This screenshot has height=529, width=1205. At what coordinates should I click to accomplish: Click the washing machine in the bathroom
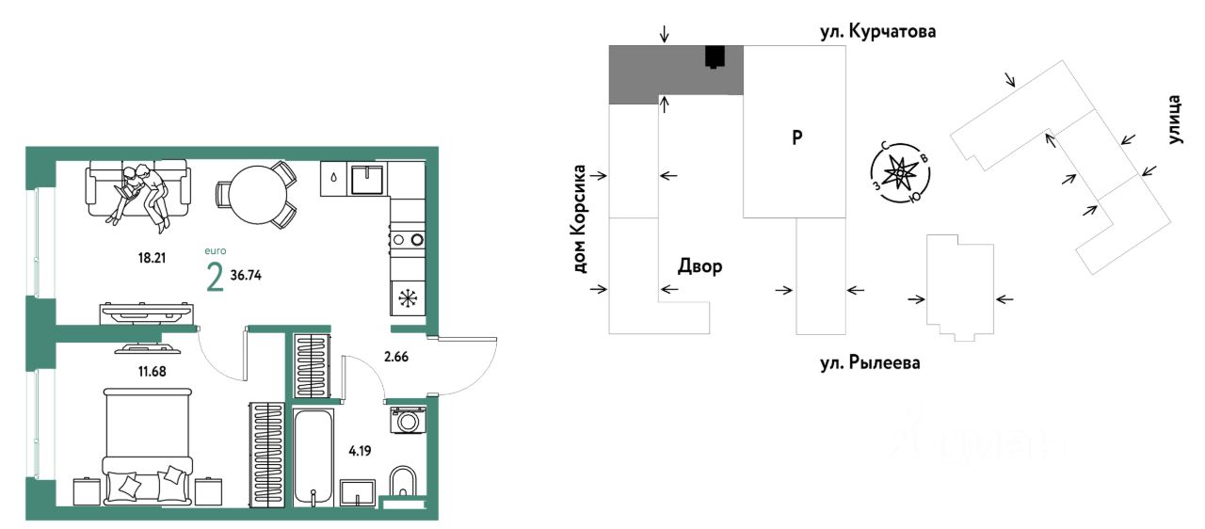click(408, 420)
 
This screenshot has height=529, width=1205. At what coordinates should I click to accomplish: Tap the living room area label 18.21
click(150, 255)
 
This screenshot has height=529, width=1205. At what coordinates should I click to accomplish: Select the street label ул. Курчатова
click(878, 33)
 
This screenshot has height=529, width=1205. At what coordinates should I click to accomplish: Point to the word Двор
click(700, 267)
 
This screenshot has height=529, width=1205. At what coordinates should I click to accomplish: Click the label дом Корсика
click(580, 219)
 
